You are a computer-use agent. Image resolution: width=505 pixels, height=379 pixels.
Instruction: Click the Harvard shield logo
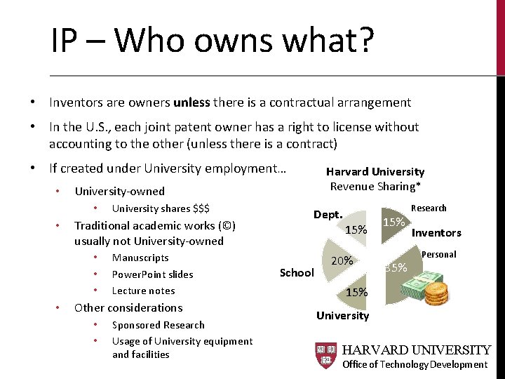click(x=326, y=356)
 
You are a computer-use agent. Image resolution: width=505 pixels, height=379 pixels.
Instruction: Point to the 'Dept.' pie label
click(x=328, y=215)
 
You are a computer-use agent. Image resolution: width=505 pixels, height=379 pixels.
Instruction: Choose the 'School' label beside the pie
click(x=297, y=272)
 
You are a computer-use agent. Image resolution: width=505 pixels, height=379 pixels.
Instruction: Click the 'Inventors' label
click(x=436, y=233)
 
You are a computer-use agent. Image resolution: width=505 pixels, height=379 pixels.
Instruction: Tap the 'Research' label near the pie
click(x=429, y=208)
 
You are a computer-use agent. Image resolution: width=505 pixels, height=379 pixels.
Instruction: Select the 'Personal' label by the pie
click(x=439, y=254)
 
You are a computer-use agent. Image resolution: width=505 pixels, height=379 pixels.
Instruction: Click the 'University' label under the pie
click(x=342, y=315)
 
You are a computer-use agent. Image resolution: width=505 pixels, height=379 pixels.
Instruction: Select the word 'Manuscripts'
click(x=140, y=258)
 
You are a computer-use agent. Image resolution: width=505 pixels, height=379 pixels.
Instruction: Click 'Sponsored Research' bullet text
click(x=159, y=325)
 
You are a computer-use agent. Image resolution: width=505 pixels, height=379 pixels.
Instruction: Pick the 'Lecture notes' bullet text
click(x=144, y=291)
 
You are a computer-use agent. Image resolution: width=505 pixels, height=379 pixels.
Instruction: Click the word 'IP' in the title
click(x=63, y=41)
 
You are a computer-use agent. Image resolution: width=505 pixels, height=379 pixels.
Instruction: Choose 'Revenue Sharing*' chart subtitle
click(x=375, y=186)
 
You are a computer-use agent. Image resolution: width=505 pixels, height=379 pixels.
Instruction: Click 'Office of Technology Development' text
click(x=415, y=364)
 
